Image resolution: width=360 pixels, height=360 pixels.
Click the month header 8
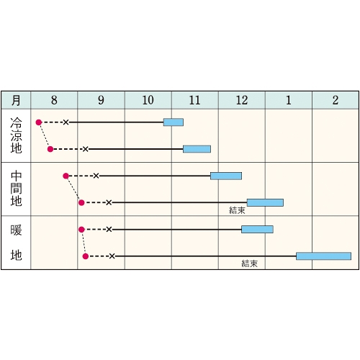pyautogui.click(x=54, y=100)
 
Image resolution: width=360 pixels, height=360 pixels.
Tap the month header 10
pyautogui.click(x=148, y=100)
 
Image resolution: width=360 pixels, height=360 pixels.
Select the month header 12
pyautogui.click(x=242, y=100)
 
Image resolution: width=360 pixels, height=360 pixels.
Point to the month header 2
pyautogui.click(x=336, y=100)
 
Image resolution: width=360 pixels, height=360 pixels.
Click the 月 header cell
pyautogui.click(x=16, y=100)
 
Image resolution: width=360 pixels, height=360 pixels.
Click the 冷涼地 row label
pyautogui.click(x=16, y=135)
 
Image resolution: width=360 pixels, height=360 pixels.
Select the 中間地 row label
pyautogui.click(x=16, y=189)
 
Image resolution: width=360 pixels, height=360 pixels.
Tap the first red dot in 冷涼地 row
pyautogui.click(x=39, y=122)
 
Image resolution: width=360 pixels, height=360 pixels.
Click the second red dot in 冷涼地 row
pyautogui.click(x=50, y=149)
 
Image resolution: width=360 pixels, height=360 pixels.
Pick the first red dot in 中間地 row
pyautogui.click(x=66, y=176)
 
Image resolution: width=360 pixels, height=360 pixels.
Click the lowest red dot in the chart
pyautogui.click(x=86, y=256)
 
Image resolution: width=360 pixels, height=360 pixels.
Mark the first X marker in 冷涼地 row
pyautogui.click(x=66, y=122)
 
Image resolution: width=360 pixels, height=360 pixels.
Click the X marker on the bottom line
pyautogui.click(x=112, y=256)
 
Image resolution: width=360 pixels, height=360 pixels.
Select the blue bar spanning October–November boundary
pyautogui.click(x=174, y=122)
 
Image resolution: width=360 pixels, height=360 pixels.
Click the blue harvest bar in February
pyautogui.click(x=323, y=256)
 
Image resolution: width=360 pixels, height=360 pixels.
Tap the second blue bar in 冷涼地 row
pyautogui.click(x=197, y=149)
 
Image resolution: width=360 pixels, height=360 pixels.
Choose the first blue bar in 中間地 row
pyautogui.click(x=226, y=176)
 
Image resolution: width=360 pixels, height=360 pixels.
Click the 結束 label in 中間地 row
pyautogui.click(x=237, y=210)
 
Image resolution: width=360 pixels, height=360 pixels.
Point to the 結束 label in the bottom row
pyautogui.click(x=250, y=264)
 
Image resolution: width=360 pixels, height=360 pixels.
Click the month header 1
pyautogui.click(x=289, y=100)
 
